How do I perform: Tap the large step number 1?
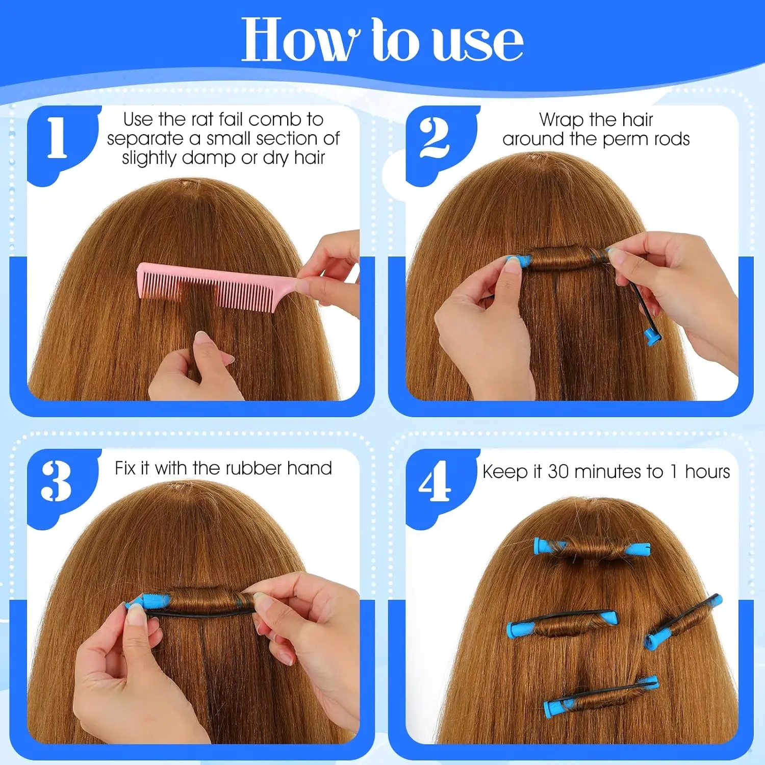[57, 137]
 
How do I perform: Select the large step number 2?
[435, 138]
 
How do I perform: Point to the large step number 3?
[56, 480]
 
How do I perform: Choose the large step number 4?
[435, 481]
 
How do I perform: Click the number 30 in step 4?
[558, 472]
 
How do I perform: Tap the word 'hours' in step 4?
[707, 472]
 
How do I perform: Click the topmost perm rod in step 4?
[592, 548]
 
